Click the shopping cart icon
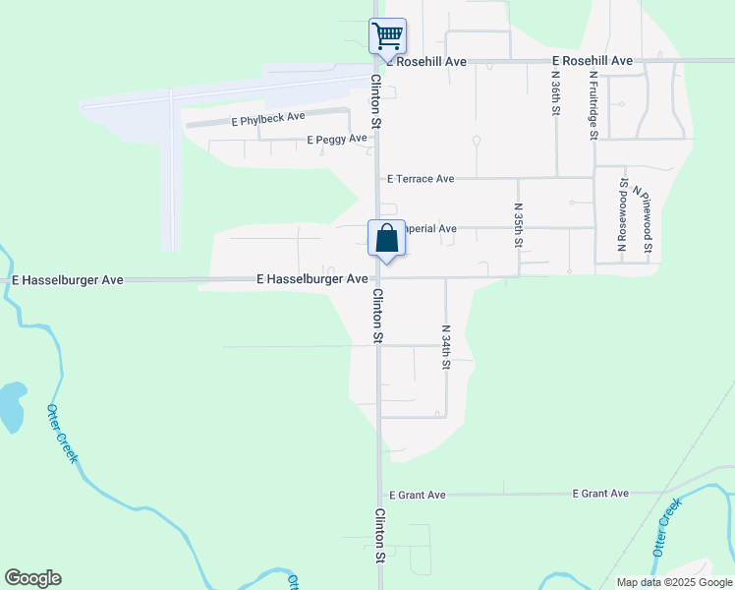click(387, 36)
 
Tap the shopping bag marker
click(386, 239)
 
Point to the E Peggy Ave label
click(337, 140)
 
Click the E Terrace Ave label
click(421, 179)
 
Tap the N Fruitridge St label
click(593, 102)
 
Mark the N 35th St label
click(518, 226)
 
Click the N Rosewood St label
click(622, 221)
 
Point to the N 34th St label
click(445, 347)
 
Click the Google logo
click(32, 578)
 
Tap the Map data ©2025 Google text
click(673, 582)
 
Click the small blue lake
click(11, 405)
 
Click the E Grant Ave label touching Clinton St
click(418, 495)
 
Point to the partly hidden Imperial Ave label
click(431, 229)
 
